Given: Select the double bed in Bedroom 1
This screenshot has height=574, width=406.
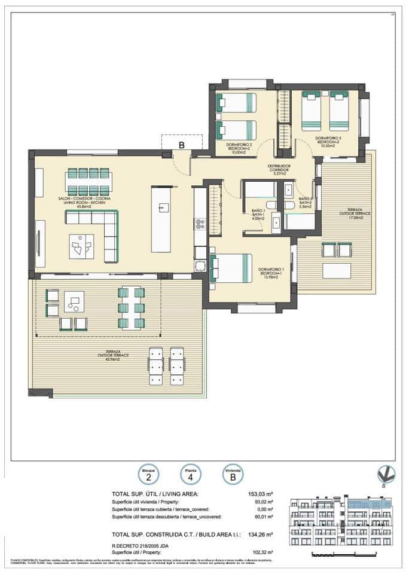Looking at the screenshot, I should [231, 267].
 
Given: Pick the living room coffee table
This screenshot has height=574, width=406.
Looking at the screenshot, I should [81, 245].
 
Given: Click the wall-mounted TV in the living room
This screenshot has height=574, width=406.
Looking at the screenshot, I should [39, 244].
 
